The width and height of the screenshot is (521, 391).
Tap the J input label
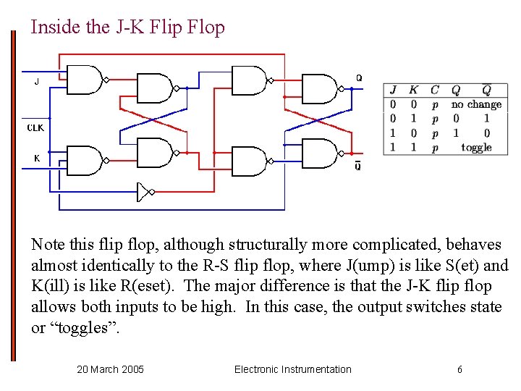tap(38, 82)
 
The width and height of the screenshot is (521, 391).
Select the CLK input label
tap(36, 127)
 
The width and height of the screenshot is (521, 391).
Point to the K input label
tap(37, 158)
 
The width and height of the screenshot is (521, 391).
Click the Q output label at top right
tap(359, 77)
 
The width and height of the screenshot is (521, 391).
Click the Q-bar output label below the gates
tap(358, 167)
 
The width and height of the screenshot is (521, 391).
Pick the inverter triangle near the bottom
tap(144, 192)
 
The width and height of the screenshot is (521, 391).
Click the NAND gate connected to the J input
tap(84, 80)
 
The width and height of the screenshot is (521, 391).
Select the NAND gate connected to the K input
tap(84, 161)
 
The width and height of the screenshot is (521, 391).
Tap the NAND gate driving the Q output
tap(319, 88)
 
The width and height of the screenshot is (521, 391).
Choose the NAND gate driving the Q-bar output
tap(319, 154)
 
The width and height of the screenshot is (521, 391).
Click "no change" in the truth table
tap(476, 104)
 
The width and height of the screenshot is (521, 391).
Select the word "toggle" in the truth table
tap(476, 147)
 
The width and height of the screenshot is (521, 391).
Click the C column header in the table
tap(434, 91)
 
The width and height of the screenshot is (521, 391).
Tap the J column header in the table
tap(393, 91)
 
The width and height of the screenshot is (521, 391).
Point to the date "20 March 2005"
tap(110, 369)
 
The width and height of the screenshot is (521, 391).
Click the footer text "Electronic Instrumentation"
tap(292, 369)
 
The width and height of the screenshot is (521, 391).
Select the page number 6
tap(459, 369)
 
